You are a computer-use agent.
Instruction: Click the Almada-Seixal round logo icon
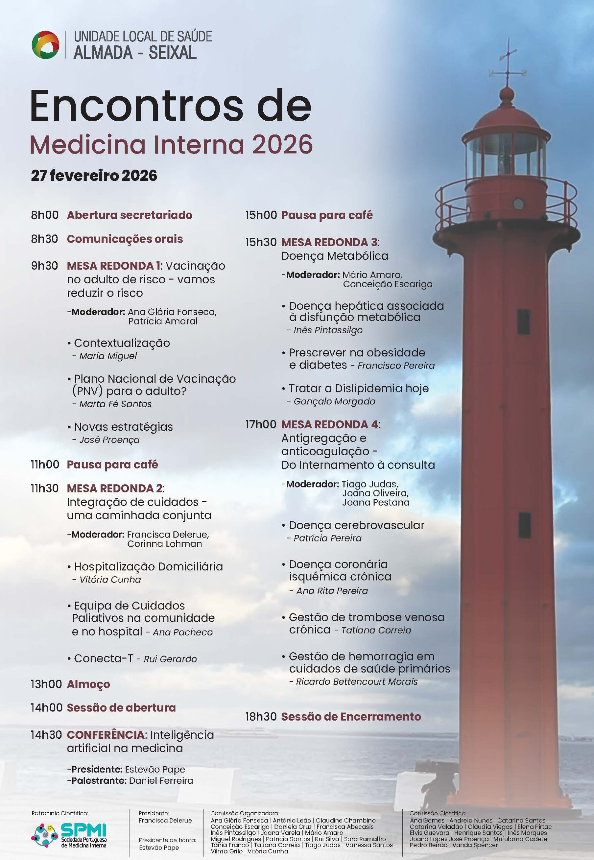pyautogui.click(x=45, y=45)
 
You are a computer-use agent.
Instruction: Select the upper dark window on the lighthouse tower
pyautogui.click(x=523, y=321)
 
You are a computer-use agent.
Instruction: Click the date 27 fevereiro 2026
pyautogui.click(x=94, y=175)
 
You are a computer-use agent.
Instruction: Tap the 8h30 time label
pyautogui.click(x=44, y=239)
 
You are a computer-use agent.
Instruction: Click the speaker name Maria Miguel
pyautogui.click(x=108, y=356)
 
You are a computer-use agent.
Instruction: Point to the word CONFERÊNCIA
pyautogui.click(x=106, y=734)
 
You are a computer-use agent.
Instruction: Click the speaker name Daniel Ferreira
pyautogui.click(x=161, y=780)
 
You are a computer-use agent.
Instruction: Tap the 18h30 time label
pyautogui.click(x=260, y=716)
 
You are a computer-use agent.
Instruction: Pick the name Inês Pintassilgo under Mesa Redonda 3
pyautogui.click(x=328, y=330)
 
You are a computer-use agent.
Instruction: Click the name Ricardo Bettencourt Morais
pyautogui.click(x=356, y=681)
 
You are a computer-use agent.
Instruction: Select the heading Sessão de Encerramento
pyautogui.click(x=351, y=716)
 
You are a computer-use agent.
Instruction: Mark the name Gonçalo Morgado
pyautogui.click(x=334, y=401)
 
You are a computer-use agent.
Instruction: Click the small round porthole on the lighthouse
pyautogui.click(x=518, y=203)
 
